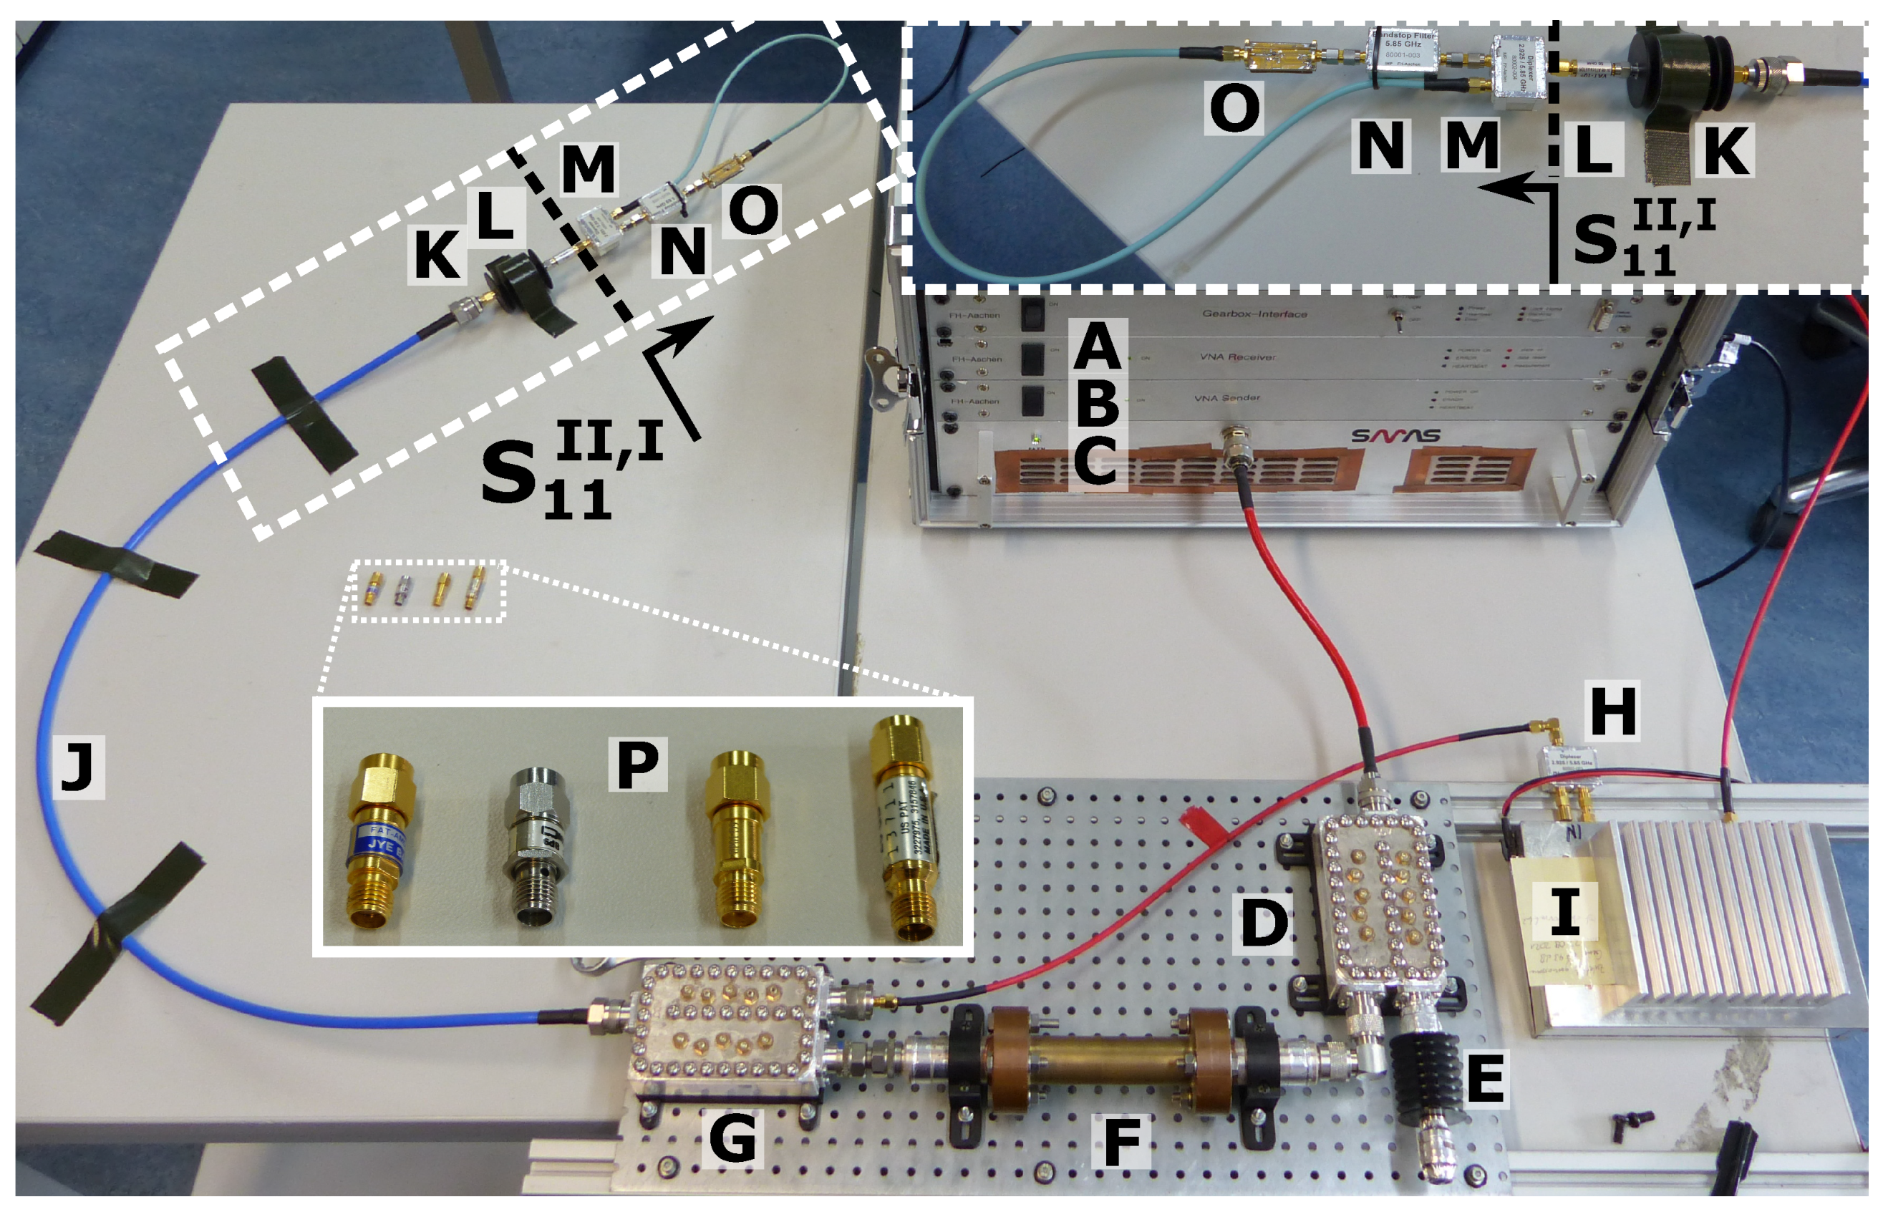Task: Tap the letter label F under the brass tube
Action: tap(1120, 1139)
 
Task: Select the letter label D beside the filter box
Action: tap(1264, 921)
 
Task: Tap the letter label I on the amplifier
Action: tap(1564, 911)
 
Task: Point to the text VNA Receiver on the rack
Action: tap(1238, 357)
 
